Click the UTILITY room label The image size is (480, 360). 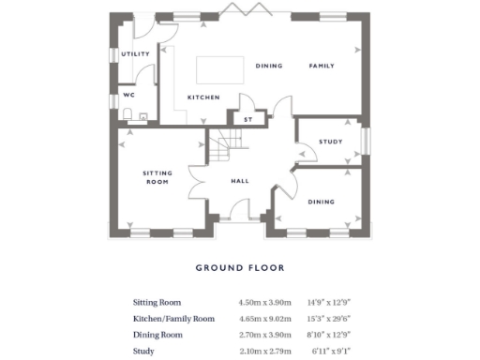(135, 54)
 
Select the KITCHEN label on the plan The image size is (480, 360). (203, 97)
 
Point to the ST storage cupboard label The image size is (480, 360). (248, 119)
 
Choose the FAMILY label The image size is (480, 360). (322, 67)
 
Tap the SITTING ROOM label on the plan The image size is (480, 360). (156, 177)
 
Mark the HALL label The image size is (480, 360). (239, 181)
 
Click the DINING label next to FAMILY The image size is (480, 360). (268, 67)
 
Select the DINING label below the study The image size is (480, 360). (322, 202)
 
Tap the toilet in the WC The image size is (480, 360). (127, 116)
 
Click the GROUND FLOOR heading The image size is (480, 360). (239, 267)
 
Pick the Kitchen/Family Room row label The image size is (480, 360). (173, 319)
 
